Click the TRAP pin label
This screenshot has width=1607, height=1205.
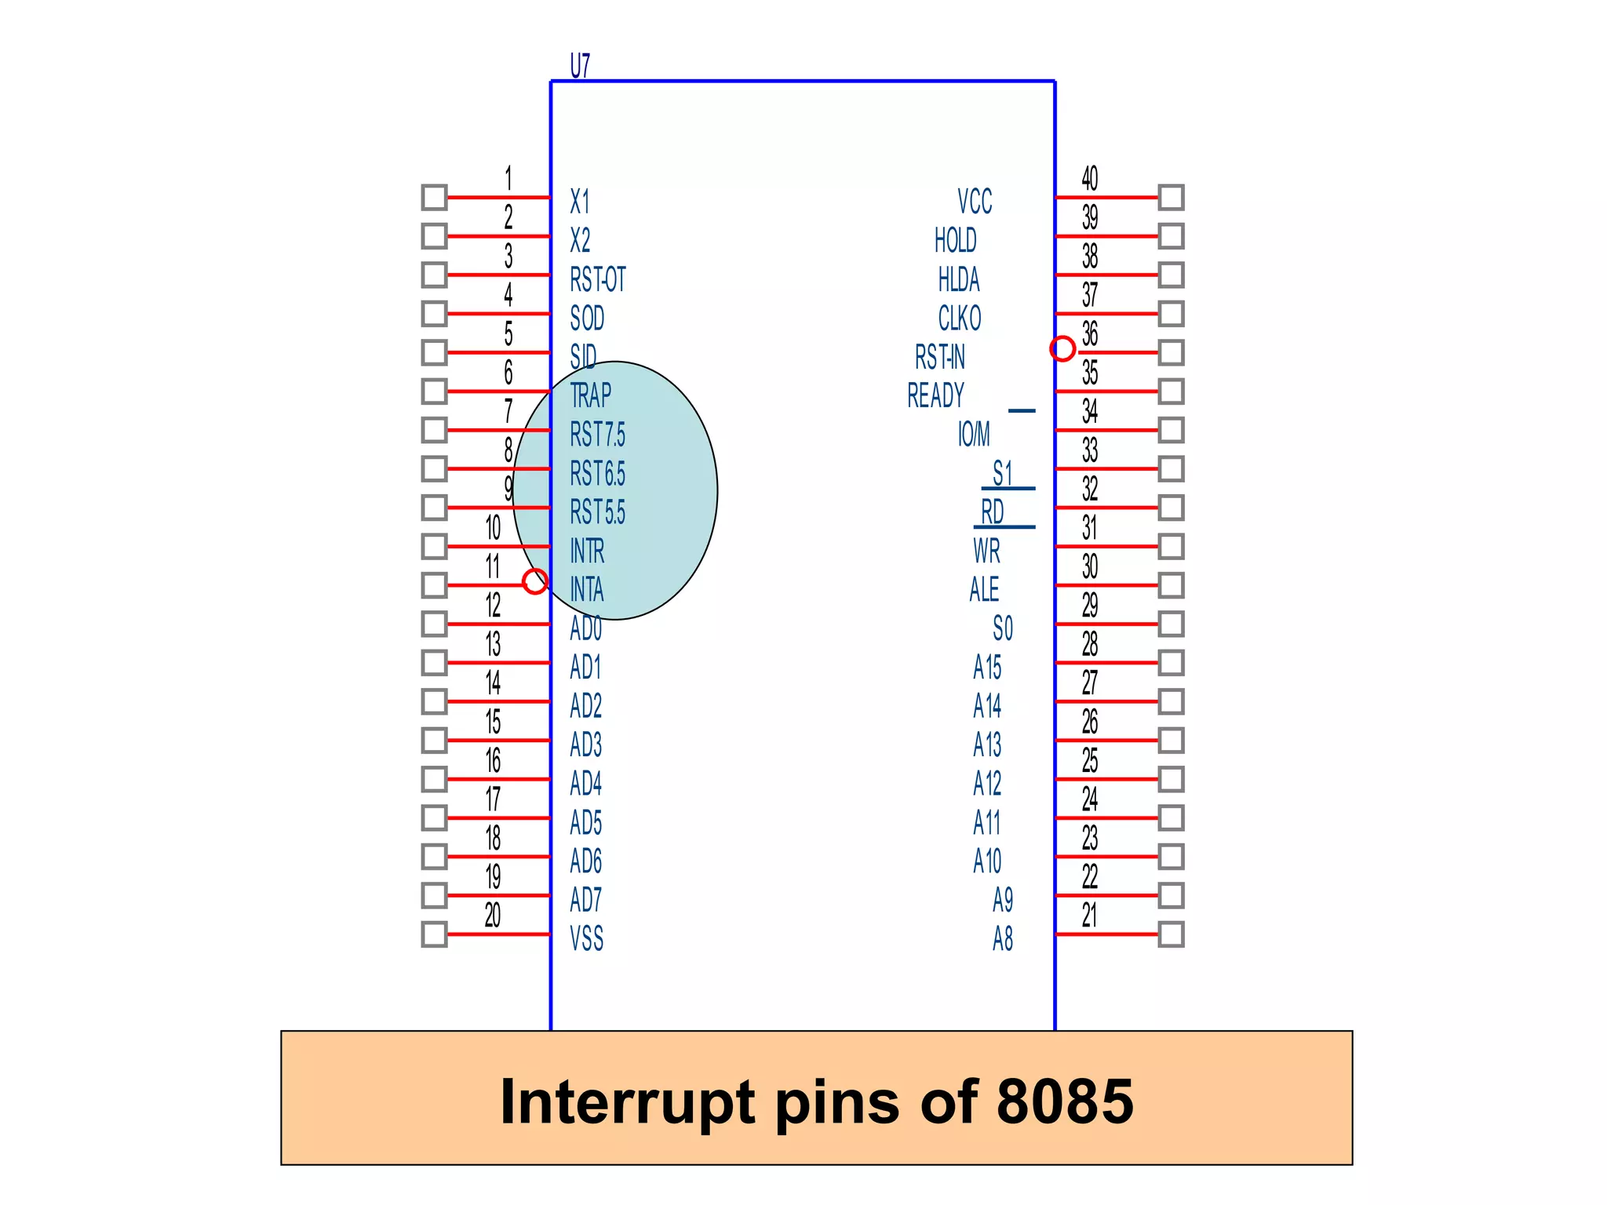(590, 395)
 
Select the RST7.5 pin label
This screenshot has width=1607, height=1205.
(597, 435)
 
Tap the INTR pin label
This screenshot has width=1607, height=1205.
(587, 551)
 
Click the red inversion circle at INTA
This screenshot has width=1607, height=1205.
(535, 581)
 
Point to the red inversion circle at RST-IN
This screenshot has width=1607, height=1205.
(1062, 348)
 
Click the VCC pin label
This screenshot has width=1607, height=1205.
(975, 202)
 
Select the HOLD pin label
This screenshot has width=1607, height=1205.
(955, 240)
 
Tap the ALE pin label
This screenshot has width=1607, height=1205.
(984, 589)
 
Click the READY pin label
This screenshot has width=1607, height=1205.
(935, 395)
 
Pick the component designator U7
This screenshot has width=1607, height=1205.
(580, 66)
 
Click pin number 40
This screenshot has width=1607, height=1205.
(1089, 178)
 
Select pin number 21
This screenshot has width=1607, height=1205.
(1089, 915)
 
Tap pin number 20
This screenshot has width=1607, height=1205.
(492, 915)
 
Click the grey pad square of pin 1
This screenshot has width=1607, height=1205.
(434, 197)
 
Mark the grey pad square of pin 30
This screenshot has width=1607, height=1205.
(1171, 585)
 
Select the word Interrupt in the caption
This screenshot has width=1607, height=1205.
(628, 1101)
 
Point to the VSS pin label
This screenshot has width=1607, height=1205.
(586, 938)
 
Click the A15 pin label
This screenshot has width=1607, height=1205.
(987, 667)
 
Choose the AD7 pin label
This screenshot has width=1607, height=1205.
(585, 900)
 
